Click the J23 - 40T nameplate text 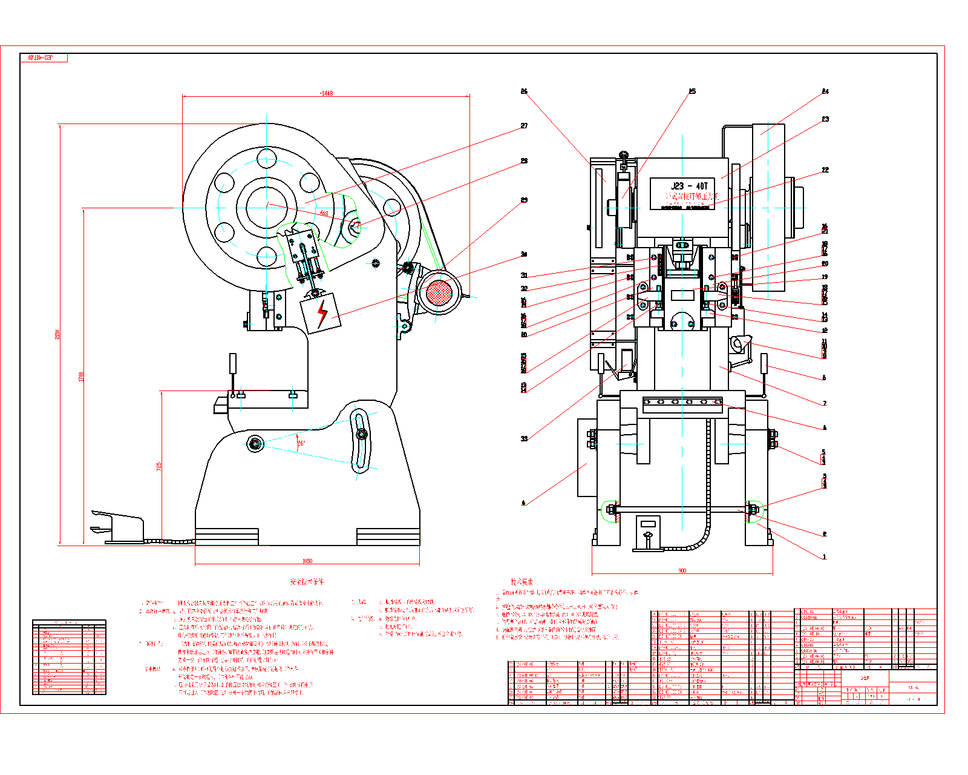point(688,186)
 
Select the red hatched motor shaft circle point(439,293)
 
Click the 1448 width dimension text point(326,93)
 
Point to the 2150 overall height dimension point(57,334)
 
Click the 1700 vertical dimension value point(81,377)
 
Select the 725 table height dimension point(159,467)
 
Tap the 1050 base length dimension point(307,561)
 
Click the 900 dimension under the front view point(682,570)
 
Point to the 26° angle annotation point(301,443)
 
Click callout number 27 point(524,126)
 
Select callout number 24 point(825,91)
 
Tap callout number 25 point(692,91)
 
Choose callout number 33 point(524,438)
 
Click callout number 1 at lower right point(824,556)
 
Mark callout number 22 point(825,170)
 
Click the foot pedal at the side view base point(118,527)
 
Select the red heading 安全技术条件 point(307,582)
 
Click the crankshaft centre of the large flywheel point(266,206)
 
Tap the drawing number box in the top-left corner point(44,58)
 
